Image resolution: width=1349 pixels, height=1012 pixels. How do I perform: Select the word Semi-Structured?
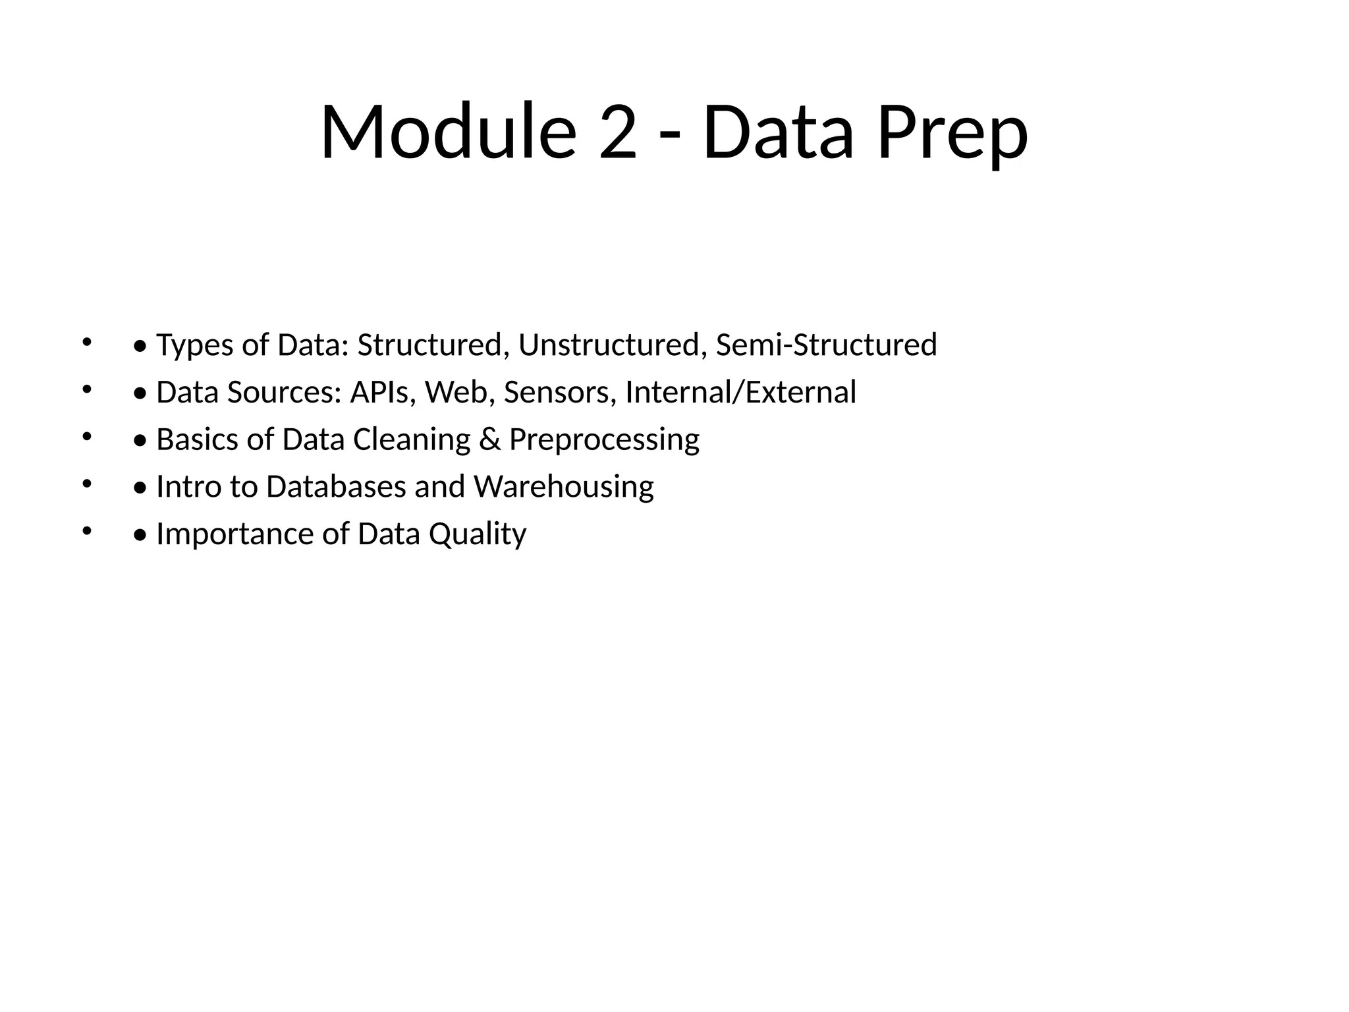(826, 345)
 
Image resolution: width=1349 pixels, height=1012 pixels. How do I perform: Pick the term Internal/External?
(740, 393)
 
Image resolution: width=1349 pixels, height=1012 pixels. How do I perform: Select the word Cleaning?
(412, 440)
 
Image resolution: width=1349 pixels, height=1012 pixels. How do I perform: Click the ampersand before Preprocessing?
(489, 440)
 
